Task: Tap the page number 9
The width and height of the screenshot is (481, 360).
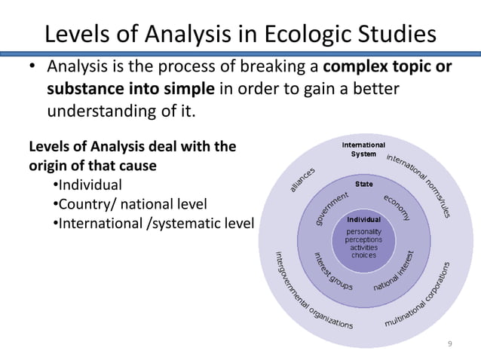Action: click(x=450, y=344)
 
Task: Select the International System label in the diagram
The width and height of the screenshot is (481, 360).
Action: click(x=364, y=149)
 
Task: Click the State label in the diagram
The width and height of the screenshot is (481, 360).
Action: click(x=364, y=184)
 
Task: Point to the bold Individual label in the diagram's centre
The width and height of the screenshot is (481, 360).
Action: click(x=365, y=219)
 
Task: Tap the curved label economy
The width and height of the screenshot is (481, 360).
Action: click(x=397, y=208)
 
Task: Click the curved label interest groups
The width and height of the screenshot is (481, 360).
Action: click(x=332, y=272)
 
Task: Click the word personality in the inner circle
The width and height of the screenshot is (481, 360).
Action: click(x=365, y=230)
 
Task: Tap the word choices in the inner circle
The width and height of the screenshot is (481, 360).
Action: click(x=365, y=255)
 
